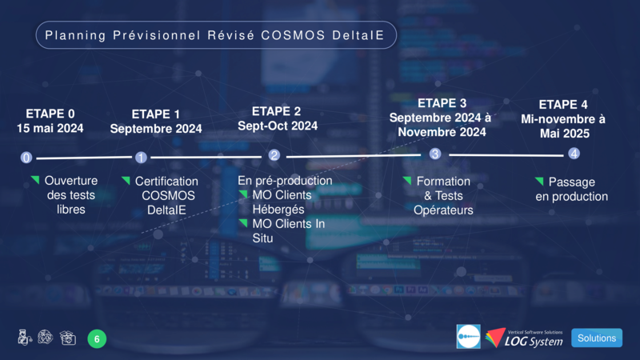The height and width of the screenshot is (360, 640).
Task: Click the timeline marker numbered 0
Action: coord(26,158)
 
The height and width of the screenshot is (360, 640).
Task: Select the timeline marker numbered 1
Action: coord(141,157)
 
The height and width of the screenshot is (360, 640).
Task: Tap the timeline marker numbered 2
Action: coord(274,155)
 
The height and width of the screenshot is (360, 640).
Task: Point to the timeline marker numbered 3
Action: coord(435,154)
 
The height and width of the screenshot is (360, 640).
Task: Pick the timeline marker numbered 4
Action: coord(574,154)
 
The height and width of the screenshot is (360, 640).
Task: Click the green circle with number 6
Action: coord(97,338)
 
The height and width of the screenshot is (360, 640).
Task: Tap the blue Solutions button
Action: coord(597,338)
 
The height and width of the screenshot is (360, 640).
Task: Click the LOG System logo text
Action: coord(533,342)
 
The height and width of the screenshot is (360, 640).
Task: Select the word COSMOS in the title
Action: coord(293,35)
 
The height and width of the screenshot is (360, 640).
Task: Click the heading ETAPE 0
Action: coord(50,114)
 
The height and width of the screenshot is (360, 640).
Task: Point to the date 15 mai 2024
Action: coord(50,128)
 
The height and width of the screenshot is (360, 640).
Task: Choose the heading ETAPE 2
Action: coord(276,111)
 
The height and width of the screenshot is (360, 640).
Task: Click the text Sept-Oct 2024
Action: coord(278,126)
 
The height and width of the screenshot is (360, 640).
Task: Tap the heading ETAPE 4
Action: coord(563,105)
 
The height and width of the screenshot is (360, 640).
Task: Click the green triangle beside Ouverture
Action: coord(35,179)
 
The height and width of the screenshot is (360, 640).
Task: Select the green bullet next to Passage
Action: coord(539,181)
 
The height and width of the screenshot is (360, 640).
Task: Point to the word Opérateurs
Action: coord(443,210)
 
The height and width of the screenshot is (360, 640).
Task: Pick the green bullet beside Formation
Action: coord(407,180)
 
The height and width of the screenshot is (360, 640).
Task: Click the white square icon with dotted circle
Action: coord(468,337)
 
